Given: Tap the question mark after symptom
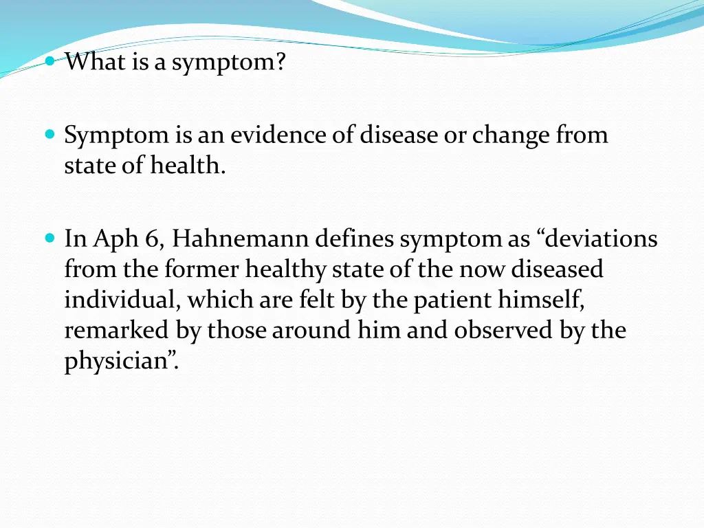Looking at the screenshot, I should coord(280,63).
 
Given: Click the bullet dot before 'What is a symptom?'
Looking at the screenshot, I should coord(50,61).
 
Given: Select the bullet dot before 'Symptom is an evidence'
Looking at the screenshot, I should coord(50,133).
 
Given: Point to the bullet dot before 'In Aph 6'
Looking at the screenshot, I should coord(50,239).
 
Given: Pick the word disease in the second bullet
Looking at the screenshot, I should coord(399,135).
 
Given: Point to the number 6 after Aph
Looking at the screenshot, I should coord(152,240).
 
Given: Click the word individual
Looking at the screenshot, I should coord(122,300).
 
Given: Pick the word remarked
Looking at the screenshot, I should coord(117,330).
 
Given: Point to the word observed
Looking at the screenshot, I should coord(500,330).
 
